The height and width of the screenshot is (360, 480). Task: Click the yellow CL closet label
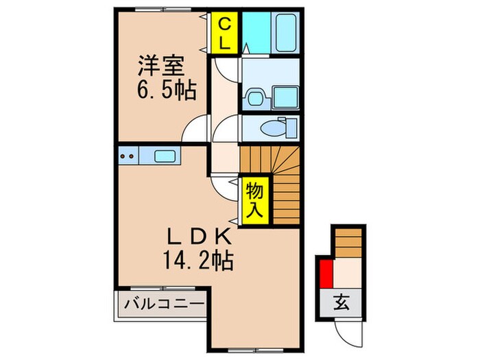tap(224, 32)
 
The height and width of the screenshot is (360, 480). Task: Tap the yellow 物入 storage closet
tap(254, 199)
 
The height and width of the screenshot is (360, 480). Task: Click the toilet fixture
tap(278, 128)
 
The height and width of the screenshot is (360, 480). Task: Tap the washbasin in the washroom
tap(256, 97)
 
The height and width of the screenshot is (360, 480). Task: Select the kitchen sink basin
tap(164, 156)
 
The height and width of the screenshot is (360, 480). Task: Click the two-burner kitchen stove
tap(127, 156)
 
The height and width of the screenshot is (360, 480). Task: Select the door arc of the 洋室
tap(197, 128)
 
